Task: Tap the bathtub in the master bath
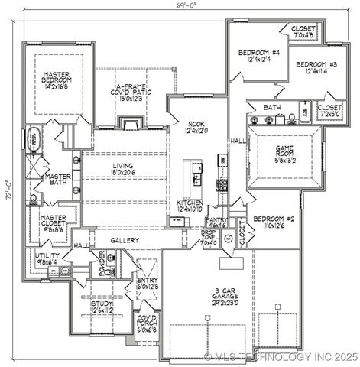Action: click(33, 141)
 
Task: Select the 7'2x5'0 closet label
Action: click(329, 112)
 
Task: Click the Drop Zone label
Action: click(209, 239)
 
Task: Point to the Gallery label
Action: click(124, 240)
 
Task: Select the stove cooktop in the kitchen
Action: click(222, 184)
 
